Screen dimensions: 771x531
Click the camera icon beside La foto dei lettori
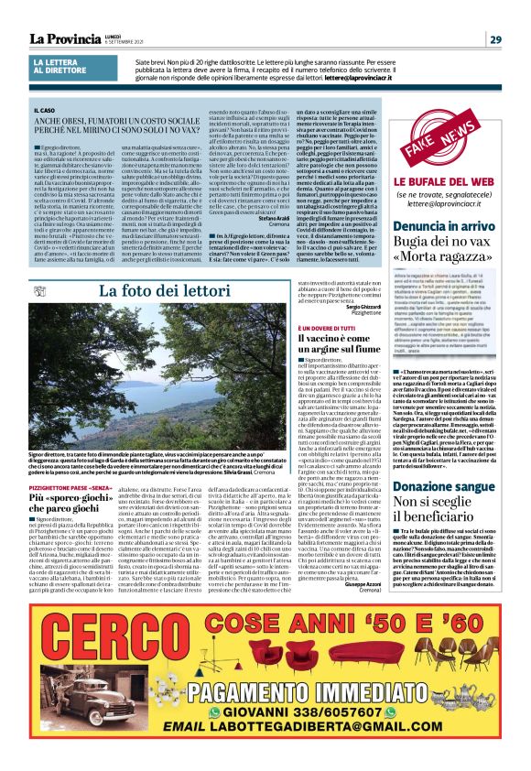click(38, 289)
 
